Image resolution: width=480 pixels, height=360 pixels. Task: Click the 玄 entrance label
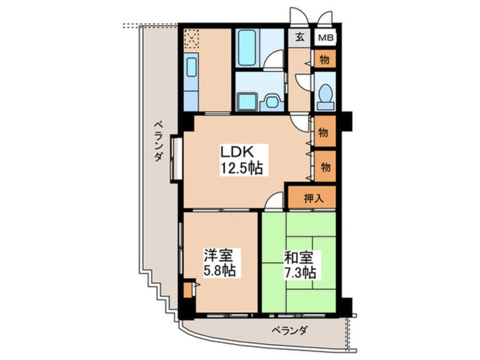pyautogui.click(x=299, y=38)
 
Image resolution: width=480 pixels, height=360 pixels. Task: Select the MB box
pyautogui.click(x=325, y=38)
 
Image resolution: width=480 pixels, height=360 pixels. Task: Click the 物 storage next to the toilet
pyautogui.click(x=325, y=59)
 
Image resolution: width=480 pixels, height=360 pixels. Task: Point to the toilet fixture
pyautogui.click(x=326, y=96)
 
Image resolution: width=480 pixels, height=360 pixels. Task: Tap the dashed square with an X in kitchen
pyautogui.click(x=191, y=39)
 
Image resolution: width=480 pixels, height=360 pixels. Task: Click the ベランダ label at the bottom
pyautogui.click(x=289, y=330)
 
